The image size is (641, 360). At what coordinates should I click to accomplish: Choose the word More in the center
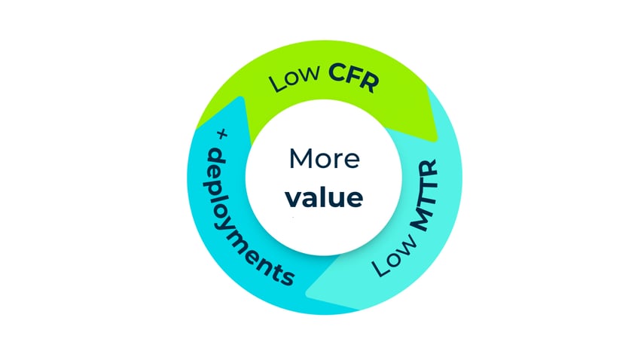tap(325, 160)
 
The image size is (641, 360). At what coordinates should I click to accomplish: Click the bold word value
tap(325, 197)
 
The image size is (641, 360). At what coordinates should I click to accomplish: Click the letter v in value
tap(293, 198)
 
